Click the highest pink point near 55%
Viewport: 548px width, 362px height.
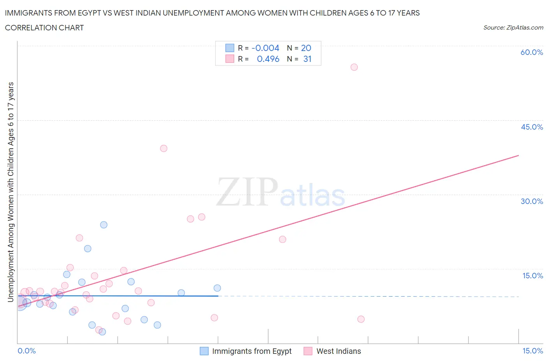(354, 67)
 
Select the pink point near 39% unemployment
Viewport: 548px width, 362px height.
(164, 148)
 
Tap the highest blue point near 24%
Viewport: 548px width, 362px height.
(104, 225)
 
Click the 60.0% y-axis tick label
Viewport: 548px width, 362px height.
(532, 52)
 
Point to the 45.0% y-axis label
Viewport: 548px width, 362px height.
(532, 127)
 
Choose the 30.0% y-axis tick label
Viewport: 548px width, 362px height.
(532, 201)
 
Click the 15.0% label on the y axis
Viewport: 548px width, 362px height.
(532, 276)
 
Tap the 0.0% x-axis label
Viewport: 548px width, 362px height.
(27, 351)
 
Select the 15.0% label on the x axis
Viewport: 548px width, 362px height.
(532, 351)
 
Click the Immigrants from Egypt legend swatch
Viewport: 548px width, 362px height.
(204, 351)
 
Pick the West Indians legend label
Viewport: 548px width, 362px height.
(338, 351)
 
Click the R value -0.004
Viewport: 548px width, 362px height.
(265, 48)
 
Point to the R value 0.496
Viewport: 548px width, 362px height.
(268, 59)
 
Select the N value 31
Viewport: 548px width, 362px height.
(307, 59)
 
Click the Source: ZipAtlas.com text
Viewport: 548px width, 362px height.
(513, 27)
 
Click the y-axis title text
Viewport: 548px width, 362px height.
(11, 192)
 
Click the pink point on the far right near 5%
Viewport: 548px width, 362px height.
(361, 319)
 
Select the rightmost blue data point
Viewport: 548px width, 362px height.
(217, 288)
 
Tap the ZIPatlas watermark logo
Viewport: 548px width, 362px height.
(281, 192)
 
